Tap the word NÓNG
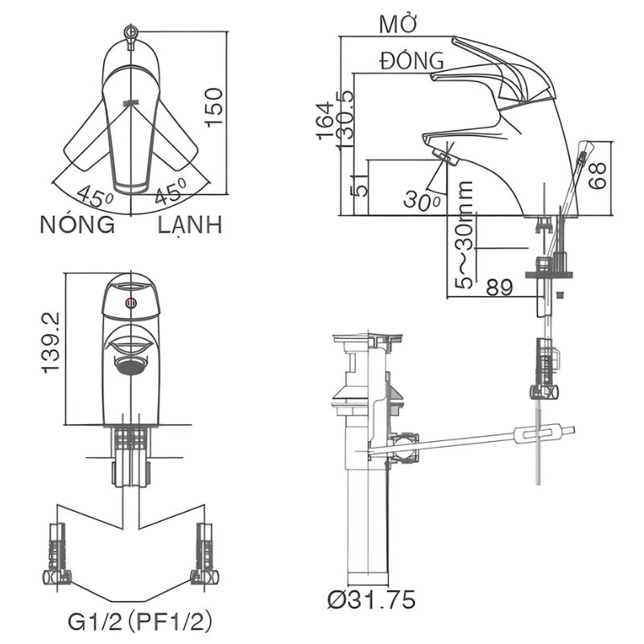click(x=77, y=225)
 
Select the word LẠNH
click(x=190, y=225)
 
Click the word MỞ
click(x=396, y=24)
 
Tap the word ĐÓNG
click(x=412, y=60)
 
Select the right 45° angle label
click(x=171, y=193)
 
